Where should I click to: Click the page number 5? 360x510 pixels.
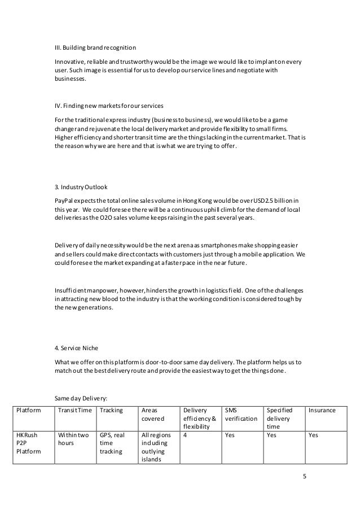click(x=305, y=476)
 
